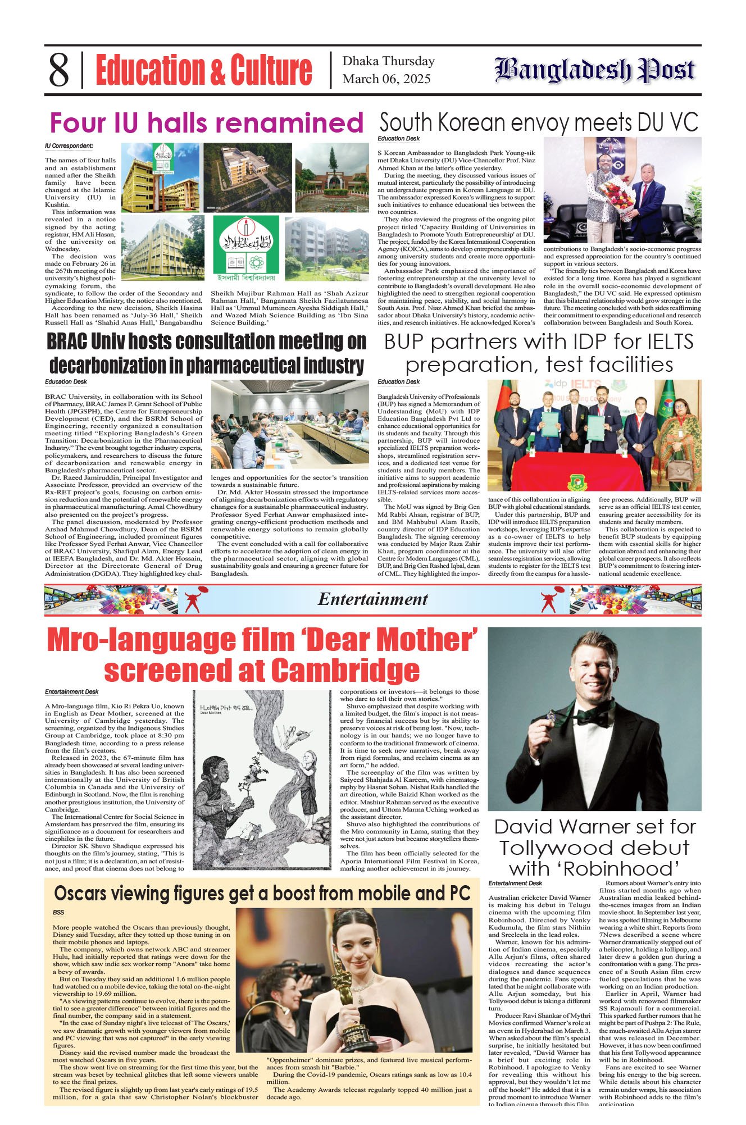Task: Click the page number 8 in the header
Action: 59,70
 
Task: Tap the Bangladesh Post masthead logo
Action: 595,71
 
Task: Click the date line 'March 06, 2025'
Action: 386,79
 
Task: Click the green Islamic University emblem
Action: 245,245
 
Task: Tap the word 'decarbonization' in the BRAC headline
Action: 113,366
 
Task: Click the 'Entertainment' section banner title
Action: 373,599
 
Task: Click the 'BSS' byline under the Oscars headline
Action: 58,912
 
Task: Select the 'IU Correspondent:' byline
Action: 69,146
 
